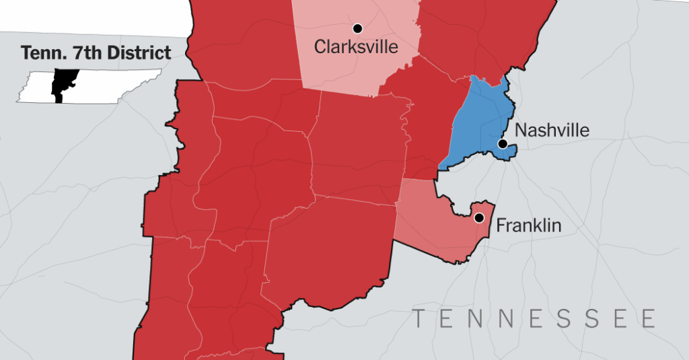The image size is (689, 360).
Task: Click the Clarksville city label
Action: tap(356, 47)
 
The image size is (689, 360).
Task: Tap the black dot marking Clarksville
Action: tap(358, 28)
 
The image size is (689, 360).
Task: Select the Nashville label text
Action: tap(552, 130)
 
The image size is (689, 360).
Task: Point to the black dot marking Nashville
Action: tap(502, 144)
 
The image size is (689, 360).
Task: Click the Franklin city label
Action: tap(528, 225)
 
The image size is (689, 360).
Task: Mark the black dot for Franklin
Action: tap(479, 218)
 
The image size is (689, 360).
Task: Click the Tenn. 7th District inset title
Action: tap(96, 53)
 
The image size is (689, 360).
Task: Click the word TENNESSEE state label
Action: tap(534, 318)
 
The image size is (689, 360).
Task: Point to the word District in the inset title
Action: tap(143, 53)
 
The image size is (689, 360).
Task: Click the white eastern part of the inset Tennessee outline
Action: tap(114, 86)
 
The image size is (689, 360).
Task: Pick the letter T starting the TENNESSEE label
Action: tap(419, 318)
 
